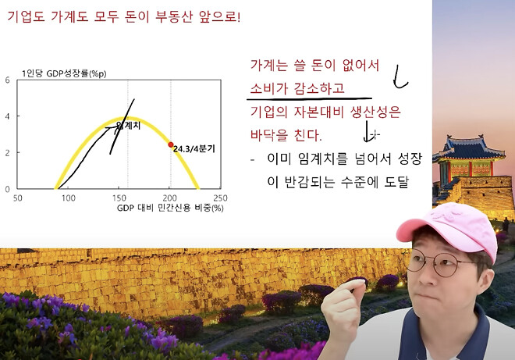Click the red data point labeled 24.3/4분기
(x=171, y=144)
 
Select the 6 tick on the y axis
(x=7, y=80)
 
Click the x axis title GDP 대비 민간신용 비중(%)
(x=170, y=209)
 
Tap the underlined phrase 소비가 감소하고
(x=297, y=88)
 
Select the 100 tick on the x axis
(x=69, y=198)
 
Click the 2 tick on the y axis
(x=7, y=152)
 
